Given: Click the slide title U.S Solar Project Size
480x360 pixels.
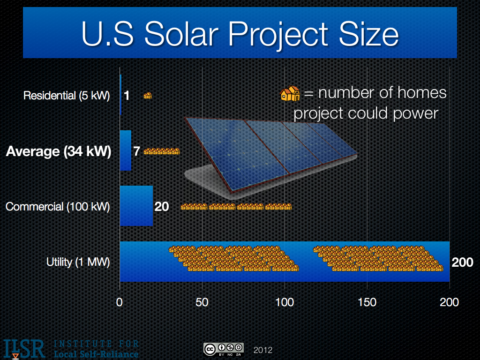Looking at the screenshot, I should pyautogui.click(x=240, y=34).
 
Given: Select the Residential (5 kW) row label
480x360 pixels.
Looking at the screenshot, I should pyautogui.click(x=67, y=96).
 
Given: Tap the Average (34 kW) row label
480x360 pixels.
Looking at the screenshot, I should pyautogui.click(x=59, y=152).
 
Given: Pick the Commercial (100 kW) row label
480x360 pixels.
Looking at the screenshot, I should pyautogui.click(x=58, y=207).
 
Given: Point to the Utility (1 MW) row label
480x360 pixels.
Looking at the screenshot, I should pyautogui.click(x=78, y=262).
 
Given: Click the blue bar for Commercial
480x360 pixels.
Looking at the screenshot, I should pyautogui.click(x=136, y=206).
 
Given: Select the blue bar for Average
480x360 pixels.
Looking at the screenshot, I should pyautogui.click(x=125, y=150).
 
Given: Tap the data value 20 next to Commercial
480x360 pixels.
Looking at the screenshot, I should pyautogui.click(x=162, y=207).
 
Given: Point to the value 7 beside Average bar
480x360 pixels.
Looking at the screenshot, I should pyautogui.click(x=136, y=152).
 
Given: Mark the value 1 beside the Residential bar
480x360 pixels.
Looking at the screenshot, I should pyautogui.click(x=127, y=96).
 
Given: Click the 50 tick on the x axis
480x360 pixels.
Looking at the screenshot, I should pyautogui.click(x=202, y=302).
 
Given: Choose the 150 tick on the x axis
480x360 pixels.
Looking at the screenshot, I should pyautogui.click(x=367, y=302).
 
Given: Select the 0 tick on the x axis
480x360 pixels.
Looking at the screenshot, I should pyautogui.click(x=120, y=302).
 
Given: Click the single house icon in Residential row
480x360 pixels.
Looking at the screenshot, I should pyautogui.click(x=148, y=96).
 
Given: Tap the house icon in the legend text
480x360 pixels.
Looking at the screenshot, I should pyautogui.click(x=290, y=93).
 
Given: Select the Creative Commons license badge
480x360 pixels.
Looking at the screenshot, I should pyautogui.click(x=223, y=349).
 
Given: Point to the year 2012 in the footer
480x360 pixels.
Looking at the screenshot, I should pyautogui.click(x=262, y=350).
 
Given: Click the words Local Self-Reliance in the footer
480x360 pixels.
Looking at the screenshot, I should pyautogui.click(x=97, y=353).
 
